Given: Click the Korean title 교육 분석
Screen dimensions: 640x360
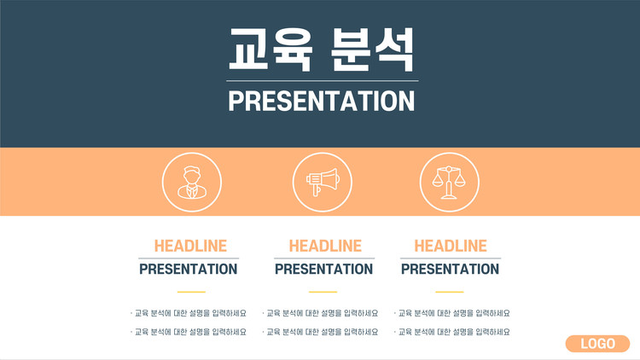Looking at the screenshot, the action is (x=322, y=49).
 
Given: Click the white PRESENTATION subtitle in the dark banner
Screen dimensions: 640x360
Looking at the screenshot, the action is (x=322, y=102).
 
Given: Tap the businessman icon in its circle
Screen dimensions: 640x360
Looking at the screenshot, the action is (x=192, y=182).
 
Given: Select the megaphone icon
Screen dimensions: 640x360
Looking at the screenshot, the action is (x=323, y=182).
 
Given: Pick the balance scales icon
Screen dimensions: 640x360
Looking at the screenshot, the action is (x=450, y=182).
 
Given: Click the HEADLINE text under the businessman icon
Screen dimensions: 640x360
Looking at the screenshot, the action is (x=190, y=247).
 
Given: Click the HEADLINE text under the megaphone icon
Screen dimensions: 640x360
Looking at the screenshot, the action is (x=325, y=247).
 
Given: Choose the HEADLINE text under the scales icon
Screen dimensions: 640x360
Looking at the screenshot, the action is (x=451, y=247).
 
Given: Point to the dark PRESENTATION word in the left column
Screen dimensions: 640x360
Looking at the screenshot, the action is (x=189, y=269).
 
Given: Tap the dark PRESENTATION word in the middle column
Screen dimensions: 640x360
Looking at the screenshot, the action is (x=323, y=269).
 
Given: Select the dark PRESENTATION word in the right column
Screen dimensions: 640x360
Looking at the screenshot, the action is (x=450, y=269).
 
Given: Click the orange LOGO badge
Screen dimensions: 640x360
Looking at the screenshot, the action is (x=597, y=344).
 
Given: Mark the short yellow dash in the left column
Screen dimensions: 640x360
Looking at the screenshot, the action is (x=191, y=292).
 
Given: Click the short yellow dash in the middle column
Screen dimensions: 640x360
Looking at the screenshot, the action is (x=323, y=292).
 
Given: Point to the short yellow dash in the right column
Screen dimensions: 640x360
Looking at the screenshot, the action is (x=450, y=292).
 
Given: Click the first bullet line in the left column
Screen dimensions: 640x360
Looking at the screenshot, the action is (x=189, y=313).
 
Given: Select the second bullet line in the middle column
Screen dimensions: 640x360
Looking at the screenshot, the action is (x=320, y=332).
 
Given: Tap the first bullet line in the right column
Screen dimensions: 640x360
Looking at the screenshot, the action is (x=451, y=313).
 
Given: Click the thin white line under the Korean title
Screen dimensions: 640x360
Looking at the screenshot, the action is (x=323, y=81).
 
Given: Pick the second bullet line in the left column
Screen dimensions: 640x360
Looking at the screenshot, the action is (x=189, y=332).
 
